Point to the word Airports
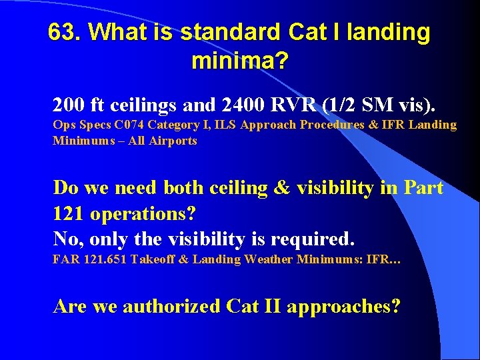coord(175,141)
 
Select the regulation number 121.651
coord(103,259)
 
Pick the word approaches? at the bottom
coord(347,307)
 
